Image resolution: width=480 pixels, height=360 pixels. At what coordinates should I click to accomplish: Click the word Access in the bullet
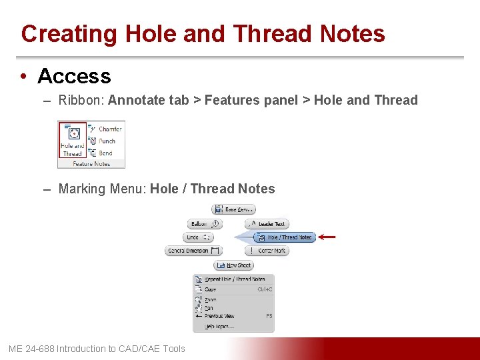[x=74, y=77]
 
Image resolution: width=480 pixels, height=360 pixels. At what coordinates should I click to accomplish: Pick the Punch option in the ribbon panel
[x=106, y=141]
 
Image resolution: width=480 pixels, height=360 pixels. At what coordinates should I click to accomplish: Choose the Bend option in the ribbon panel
[x=105, y=153]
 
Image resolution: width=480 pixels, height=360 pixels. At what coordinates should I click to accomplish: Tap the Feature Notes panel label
[x=91, y=163]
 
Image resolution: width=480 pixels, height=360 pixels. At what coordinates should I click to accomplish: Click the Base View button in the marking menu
[x=234, y=209]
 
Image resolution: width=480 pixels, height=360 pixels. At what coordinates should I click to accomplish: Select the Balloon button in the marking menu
[x=205, y=224]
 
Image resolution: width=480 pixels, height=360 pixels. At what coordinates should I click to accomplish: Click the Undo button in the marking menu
[x=198, y=237]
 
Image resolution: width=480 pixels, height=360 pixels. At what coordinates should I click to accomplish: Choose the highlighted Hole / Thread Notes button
[x=284, y=237]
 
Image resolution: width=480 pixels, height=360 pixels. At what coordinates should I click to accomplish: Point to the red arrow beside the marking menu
[x=327, y=237]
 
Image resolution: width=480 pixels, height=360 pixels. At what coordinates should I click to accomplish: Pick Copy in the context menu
[x=211, y=289]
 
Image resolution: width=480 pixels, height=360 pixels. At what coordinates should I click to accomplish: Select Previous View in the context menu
[x=219, y=316]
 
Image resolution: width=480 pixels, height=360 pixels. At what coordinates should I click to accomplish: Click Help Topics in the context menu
[x=219, y=327]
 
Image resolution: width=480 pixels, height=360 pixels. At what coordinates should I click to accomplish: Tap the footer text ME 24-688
[x=32, y=349]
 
